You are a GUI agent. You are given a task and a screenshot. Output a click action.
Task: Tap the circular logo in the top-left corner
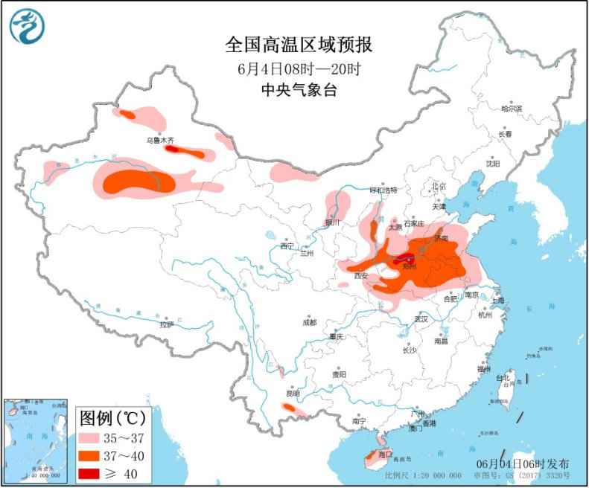point(27,26)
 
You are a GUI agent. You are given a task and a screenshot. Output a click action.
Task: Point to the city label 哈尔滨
point(512,109)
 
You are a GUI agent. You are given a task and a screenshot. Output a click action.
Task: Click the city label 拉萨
point(166,324)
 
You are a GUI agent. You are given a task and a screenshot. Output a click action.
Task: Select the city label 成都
point(309,322)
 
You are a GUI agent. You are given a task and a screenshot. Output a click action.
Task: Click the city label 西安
point(361,275)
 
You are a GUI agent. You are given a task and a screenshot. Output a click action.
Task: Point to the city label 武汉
point(422,318)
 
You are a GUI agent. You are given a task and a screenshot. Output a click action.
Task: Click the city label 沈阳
point(493,163)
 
